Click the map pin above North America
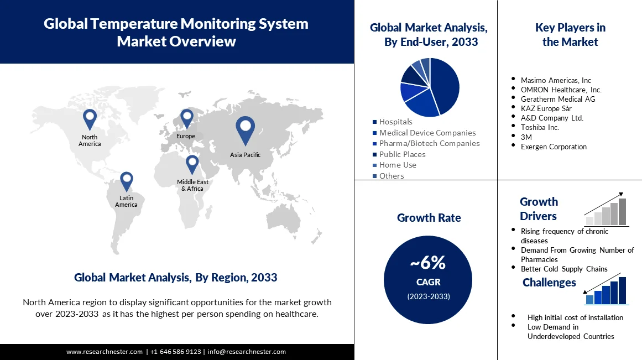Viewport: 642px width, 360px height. click(90, 118)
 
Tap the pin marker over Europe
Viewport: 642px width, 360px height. click(186, 118)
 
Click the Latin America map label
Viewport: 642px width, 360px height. click(126, 201)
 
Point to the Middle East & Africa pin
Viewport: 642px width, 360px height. click(192, 164)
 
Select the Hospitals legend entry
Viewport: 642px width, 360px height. click(395, 122)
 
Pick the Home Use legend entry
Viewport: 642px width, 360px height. click(398, 165)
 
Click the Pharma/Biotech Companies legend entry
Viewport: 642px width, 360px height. click(429, 143)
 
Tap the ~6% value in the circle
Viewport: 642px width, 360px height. click(428, 263)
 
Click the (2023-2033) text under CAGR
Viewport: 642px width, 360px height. click(429, 296)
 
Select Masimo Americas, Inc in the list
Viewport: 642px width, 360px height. click(556, 80)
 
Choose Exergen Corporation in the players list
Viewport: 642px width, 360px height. click(554, 147)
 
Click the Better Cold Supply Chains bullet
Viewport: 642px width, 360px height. click(563, 269)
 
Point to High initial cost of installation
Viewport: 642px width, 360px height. click(575, 317)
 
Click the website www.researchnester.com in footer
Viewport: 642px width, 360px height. click(105, 352)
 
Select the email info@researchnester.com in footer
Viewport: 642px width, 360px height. click(247, 352)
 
